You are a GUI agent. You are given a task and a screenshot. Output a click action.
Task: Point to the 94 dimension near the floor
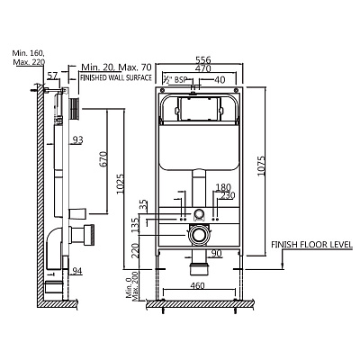coord(76,271)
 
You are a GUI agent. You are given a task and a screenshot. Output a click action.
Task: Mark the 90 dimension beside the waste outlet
coord(217,254)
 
